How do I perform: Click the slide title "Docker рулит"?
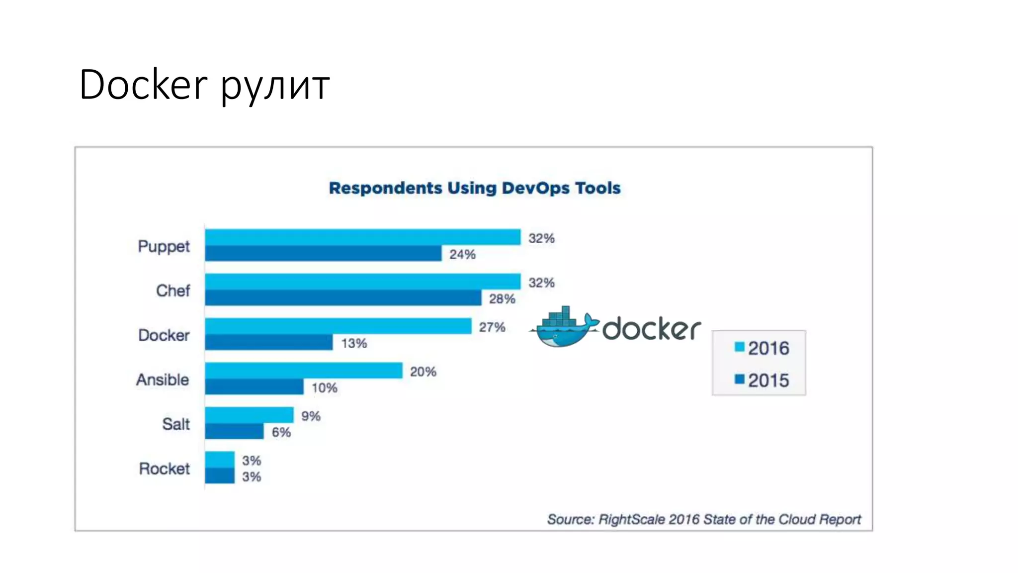[204, 85]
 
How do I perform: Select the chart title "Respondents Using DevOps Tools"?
[475, 188]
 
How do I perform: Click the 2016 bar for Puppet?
[362, 237]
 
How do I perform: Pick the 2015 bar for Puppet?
[323, 253]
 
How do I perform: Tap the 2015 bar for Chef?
[343, 298]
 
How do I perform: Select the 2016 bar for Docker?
[338, 326]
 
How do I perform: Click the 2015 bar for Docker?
[268, 342]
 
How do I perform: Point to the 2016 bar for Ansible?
[303, 371]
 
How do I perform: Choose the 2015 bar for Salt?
[234, 431]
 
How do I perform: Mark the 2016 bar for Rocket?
[220, 460]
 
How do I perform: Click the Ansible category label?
[163, 380]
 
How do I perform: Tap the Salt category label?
[176, 424]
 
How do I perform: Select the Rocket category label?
[164, 469]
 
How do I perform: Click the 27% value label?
[492, 327]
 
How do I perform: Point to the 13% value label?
[354, 343]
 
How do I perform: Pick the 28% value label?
[502, 299]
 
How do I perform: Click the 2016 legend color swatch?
[740, 347]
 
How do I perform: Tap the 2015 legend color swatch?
[740, 380]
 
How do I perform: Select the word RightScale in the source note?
[631, 519]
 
